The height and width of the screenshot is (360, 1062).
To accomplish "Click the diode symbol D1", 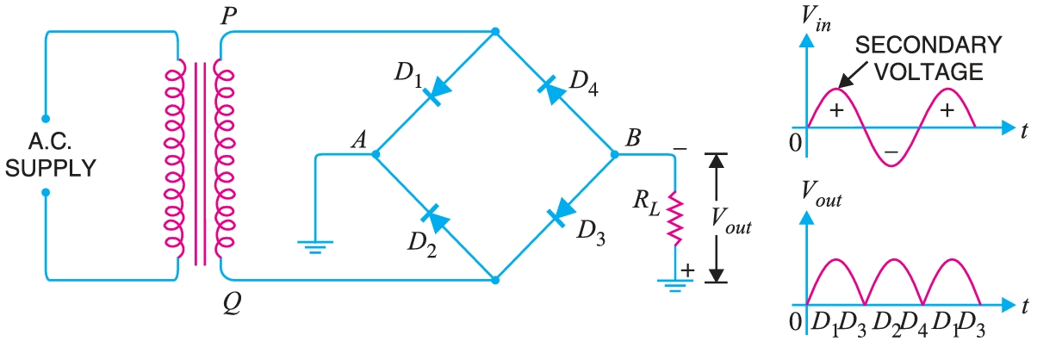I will point(438,90).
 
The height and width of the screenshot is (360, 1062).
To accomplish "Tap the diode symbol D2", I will point(438,220).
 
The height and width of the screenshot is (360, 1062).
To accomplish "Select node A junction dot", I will point(376,155).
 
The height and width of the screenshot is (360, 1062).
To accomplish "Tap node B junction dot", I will point(614,155).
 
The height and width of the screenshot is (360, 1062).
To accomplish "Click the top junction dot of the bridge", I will point(494,33).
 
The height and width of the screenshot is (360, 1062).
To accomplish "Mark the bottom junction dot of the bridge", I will point(494,279).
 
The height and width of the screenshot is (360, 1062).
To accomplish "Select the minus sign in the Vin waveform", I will point(891,152).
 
